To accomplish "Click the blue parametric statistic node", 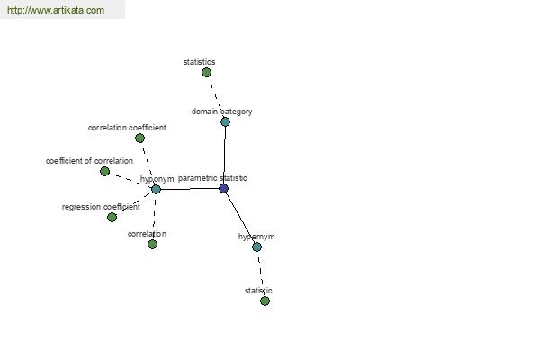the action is tap(223, 188).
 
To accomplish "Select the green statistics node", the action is tap(206, 72).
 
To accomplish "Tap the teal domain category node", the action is tap(225, 121).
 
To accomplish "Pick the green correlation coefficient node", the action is tap(139, 138).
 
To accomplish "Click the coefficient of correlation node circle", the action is tap(104, 171).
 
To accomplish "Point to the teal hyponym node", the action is tap(156, 189).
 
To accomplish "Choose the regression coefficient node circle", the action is tap(112, 218).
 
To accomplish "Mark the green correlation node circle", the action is tap(153, 244).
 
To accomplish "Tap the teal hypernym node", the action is tap(256, 247).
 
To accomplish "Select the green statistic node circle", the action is tap(265, 301).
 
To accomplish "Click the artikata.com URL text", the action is tap(56, 10).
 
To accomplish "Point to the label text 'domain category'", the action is tap(221, 112).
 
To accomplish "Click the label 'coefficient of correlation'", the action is tap(89, 161).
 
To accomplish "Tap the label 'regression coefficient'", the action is tap(101, 207).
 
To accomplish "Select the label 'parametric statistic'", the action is tap(212, 178).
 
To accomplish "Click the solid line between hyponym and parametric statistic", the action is tap(190, 189).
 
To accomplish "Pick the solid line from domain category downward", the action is tap(224, 155).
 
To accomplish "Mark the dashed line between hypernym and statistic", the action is tap(261, 274).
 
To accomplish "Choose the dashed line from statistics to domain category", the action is tap(216, 97).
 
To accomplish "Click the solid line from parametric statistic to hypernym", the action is tap(240, 218).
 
